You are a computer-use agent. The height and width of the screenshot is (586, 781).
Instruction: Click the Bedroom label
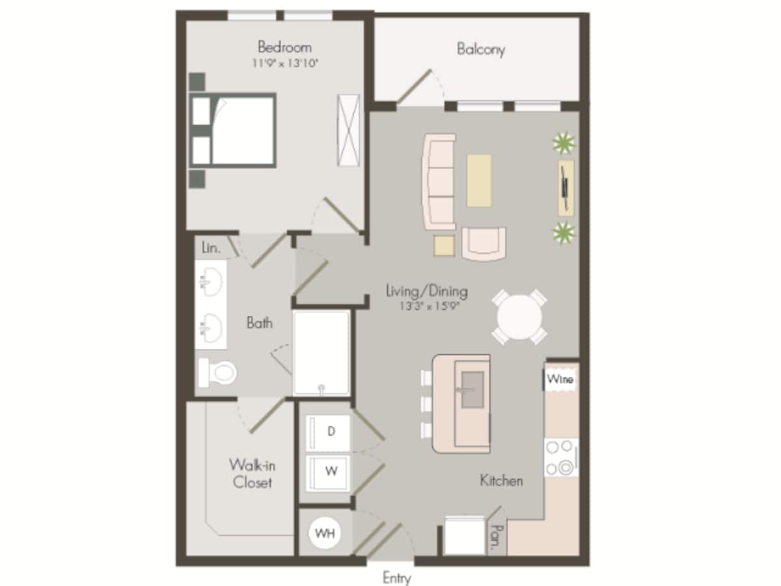point(284,47)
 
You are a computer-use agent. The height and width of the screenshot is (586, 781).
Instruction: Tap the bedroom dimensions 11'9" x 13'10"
point(284,64)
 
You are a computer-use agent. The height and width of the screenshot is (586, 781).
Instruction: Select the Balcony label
point(480,49)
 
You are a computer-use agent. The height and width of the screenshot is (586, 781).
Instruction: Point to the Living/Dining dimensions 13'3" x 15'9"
point(426,307)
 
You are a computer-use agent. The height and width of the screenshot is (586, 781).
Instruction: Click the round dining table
point(519,317)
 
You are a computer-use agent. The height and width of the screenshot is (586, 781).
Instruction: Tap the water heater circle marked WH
point(325,533)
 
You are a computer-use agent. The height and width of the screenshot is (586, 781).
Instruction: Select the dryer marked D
point(330,432)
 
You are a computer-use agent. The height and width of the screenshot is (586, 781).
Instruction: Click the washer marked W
point(330,471)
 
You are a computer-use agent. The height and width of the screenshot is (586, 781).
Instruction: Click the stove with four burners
point(560,457)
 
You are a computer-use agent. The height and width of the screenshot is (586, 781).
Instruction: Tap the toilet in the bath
point(219,372)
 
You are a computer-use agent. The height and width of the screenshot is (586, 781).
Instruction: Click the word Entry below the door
point(397,578)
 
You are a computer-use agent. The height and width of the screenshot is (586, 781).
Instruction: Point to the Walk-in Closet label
point(251,473)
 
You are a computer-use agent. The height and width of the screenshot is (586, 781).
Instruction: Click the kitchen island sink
point(472,389)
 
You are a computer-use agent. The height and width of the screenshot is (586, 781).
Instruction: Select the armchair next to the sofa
point(484,242)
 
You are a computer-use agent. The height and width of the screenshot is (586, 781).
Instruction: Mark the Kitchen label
point(501,481)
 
